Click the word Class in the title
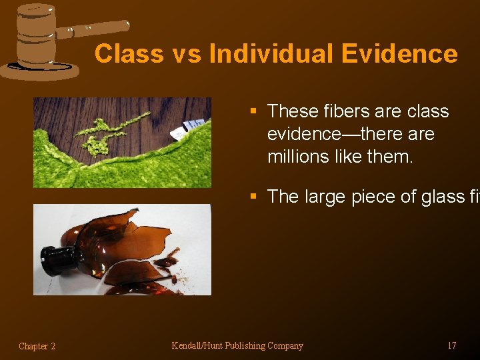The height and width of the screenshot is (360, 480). [127, 54]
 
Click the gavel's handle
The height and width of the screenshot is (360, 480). [93, 28]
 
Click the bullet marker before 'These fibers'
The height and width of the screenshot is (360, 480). [253, 112]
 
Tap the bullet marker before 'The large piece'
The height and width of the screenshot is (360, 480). [253, 197]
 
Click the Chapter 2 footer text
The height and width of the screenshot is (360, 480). [37, 346]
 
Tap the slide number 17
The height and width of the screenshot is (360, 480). [451, 345]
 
